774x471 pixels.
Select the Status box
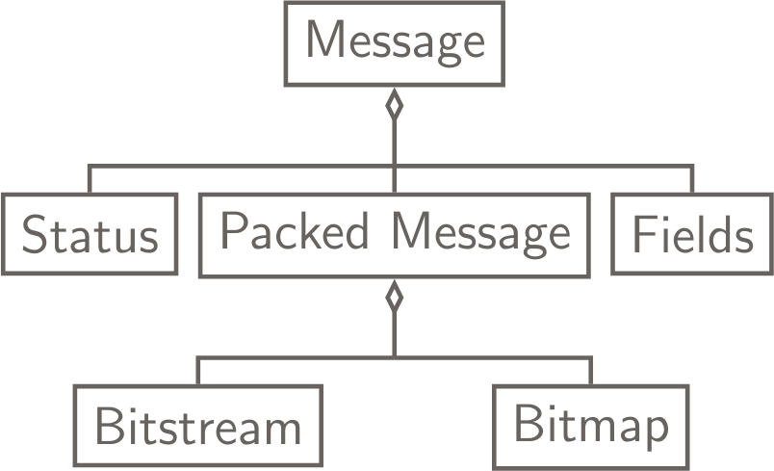[90, 234]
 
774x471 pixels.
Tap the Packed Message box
[394, 234]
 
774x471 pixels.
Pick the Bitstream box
[196, 424]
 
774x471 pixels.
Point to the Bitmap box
[591, 424]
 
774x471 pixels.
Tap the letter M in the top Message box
[324, 41]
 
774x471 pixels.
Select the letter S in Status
[35, 235]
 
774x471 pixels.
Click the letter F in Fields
[643, 233]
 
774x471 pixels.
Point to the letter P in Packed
[231, 231]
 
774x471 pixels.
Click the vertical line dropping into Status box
[90, 180]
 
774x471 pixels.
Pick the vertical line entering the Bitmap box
[591, 371]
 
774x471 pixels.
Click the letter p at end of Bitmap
[655, 429]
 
